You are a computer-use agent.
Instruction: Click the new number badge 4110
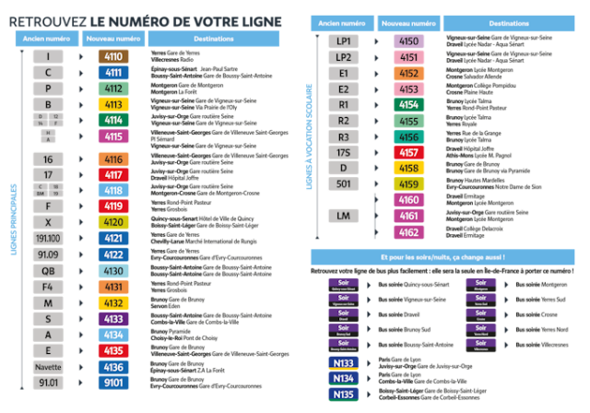click(x=113, y=56)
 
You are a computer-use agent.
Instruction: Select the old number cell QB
click(x=48, y=271)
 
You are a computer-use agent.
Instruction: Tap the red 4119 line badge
click(x=113, y=206)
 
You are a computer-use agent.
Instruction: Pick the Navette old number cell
click(x=48, y=366)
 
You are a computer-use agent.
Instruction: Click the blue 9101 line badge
click(x=113, y=382)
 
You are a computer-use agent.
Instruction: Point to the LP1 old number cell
click(x=343, y=41)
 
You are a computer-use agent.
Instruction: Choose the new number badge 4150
click(x=408, y=41)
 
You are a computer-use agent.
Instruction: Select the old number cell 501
click(x=343, y=184)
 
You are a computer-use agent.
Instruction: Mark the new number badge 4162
click(x=408, y=232)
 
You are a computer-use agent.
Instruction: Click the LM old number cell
click(x=343, y=216)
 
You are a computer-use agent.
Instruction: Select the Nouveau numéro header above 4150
click(x=408, y=22)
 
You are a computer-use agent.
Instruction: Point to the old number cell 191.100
click(x=48, y=238)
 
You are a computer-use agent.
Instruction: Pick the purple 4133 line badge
click(x=113, y=318)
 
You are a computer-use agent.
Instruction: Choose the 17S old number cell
click(x=343, y=152)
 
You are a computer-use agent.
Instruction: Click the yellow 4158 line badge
click(x=408, y=169)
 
